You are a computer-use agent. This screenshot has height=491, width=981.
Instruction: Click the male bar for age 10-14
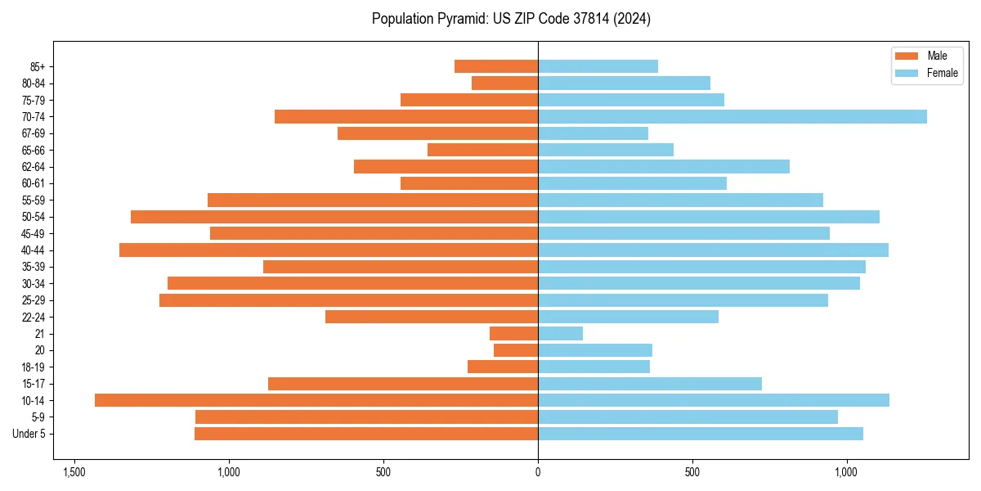tap(316, 400)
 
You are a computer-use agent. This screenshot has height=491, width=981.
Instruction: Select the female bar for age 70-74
tap(732, 116)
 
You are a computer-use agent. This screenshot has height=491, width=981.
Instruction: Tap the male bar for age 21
tap(513, 333)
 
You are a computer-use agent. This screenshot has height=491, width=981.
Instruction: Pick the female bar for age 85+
tap(598, 66)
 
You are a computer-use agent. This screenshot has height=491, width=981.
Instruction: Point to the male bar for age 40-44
tap(329, 250)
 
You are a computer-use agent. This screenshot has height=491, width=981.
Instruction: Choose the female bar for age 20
tap(595, 350)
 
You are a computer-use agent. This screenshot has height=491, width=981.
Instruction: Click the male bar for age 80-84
tap(504, 83)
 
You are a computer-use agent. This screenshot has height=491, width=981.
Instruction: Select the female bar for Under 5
tap(701, 434)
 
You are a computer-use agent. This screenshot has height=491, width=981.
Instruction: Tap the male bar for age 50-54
tap(334, 217)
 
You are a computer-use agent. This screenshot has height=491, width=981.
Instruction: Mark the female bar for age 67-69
tap(593, 133)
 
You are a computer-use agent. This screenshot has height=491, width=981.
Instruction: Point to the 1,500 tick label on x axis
tap(74, 472)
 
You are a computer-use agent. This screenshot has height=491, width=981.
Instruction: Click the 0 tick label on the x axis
tap(538, 472)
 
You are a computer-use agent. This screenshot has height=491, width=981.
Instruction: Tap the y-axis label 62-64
tap(33, 167)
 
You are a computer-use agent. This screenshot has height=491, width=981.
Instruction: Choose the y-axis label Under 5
tap(29, 434)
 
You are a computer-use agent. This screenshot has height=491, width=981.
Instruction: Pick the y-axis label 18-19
tap(33, 367)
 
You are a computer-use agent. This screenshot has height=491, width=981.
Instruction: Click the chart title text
tap(511, 19)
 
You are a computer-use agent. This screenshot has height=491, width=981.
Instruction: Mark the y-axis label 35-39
tap(33, 267)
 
